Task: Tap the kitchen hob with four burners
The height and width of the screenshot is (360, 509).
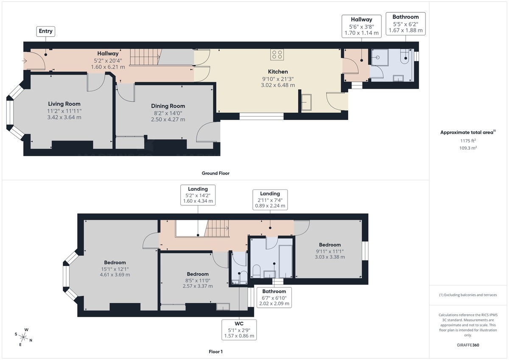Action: [277, 54]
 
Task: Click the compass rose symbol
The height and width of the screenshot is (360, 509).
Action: [24, 338]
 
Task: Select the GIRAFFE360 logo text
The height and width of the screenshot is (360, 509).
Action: [468, 345]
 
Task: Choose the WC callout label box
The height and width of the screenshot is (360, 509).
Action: [239, 329]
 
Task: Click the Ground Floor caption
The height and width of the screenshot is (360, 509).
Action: [216, 173]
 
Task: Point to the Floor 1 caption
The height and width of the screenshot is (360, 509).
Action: [216, 352]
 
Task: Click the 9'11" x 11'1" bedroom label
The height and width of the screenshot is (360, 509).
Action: [330, 251]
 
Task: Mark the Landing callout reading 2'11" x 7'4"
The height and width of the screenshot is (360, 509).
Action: [270, 200]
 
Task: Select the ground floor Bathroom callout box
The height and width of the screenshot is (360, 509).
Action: [406, 24]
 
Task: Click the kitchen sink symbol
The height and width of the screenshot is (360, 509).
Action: [306, 102]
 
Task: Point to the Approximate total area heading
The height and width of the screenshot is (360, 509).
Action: [467, 132]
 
